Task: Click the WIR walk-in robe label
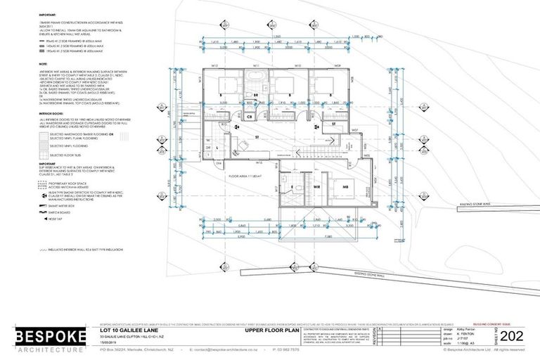317,188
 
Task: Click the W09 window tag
337,67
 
